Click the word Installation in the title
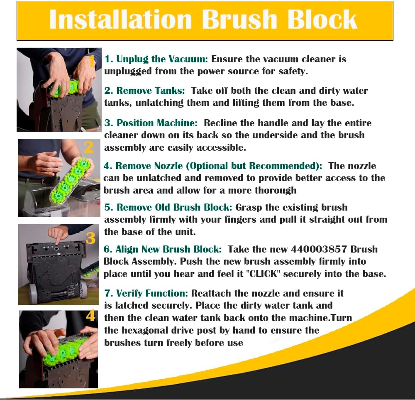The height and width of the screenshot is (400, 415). point(120,20)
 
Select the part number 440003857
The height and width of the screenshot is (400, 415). point(319,249)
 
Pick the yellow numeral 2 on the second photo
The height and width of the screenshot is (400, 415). point(89,147)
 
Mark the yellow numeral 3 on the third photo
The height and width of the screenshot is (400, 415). point(90,238)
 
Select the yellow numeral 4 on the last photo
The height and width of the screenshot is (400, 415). point(90,316)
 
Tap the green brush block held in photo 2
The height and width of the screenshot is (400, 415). point(70,180)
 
